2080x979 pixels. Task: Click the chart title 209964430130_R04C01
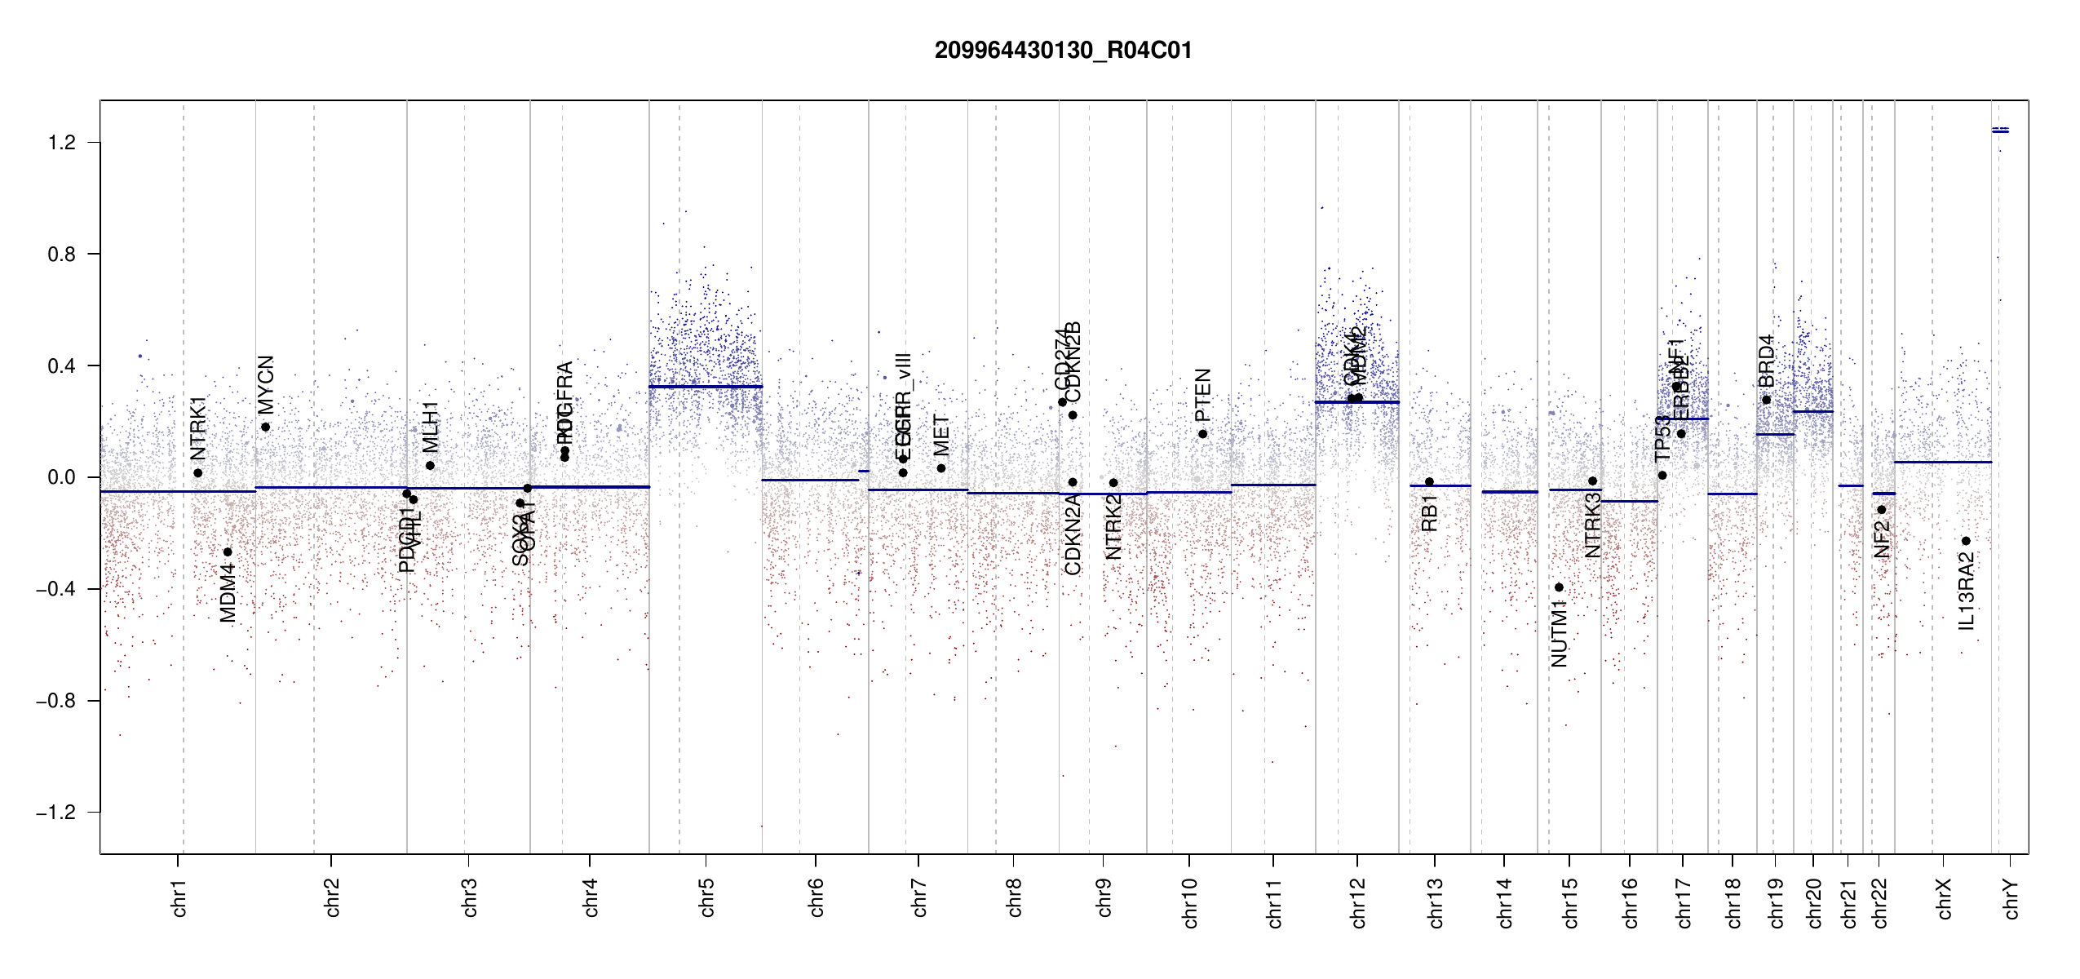(1063, 51)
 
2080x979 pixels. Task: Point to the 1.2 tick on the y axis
(61, 143)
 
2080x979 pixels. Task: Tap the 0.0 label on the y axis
(61, 477)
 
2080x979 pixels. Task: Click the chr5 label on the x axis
(706, 897)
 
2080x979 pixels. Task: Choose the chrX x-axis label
(1944, 899)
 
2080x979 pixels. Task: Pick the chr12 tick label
(1358, 902)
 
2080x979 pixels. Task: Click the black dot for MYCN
(266, 427)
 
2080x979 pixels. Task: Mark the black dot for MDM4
(228, 552)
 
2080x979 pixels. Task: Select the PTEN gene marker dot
(1202, 434)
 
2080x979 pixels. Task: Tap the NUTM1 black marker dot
(1559, 587)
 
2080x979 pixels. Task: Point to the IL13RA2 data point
(1966, 541)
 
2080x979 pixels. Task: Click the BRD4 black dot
(1767, 400)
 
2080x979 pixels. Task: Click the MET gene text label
(941, 436)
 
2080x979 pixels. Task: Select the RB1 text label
(1429, 513)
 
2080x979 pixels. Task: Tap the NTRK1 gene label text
(198, 429)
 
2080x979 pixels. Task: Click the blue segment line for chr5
(706, 387)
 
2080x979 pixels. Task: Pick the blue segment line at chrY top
(2000, 131)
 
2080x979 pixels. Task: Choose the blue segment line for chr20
(1812, 412)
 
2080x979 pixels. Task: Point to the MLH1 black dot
(430, 466)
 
